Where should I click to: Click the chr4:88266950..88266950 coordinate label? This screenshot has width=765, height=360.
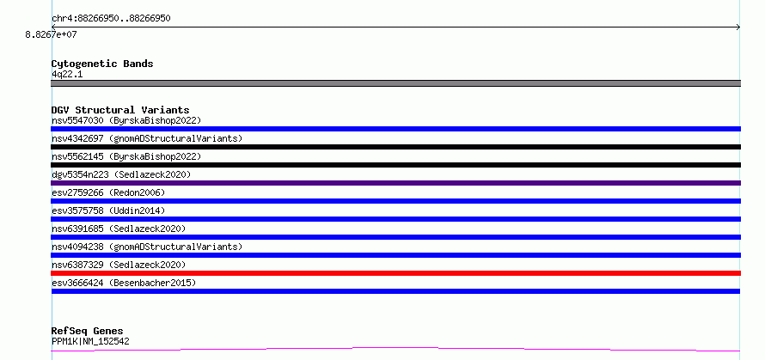[x=111, y=19]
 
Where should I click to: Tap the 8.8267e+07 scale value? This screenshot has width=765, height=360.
[x=52, y=34]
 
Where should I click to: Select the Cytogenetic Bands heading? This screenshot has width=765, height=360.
[x=102, y=64]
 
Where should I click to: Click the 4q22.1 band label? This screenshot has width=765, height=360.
[x=67, y=75]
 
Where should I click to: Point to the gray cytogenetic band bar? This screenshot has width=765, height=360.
[x=395, y=83]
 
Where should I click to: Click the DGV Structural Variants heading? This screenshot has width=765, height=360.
[x=120, y=110]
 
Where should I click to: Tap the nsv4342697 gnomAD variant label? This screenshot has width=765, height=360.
[x=147, y=138]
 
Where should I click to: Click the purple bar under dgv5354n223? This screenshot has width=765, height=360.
[x=395, y=183]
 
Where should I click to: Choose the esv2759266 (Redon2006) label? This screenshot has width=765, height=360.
[x=108, y=192]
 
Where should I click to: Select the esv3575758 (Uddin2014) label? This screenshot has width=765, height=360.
[x=108, y=211]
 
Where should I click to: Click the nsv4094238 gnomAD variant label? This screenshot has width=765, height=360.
[x=147, y=247]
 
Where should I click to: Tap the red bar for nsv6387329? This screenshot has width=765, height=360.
[x=395, y=273]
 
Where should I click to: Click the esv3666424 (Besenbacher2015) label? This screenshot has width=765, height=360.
[x=124, y=283]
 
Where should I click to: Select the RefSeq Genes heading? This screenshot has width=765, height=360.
[x=88, y=332]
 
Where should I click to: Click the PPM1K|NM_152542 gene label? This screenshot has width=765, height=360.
[x=90, y=341]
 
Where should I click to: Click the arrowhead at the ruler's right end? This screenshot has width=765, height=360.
[x=739, y=27]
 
